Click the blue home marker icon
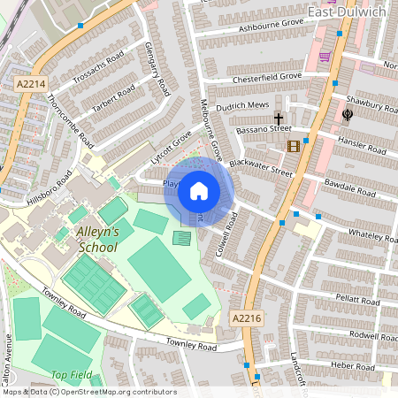(199, 190)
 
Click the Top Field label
(71, 375)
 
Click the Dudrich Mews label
(243, 106)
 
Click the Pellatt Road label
(351, 302)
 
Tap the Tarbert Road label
(114, 97)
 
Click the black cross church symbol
(279, 119)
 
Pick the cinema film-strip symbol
(294, 146)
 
